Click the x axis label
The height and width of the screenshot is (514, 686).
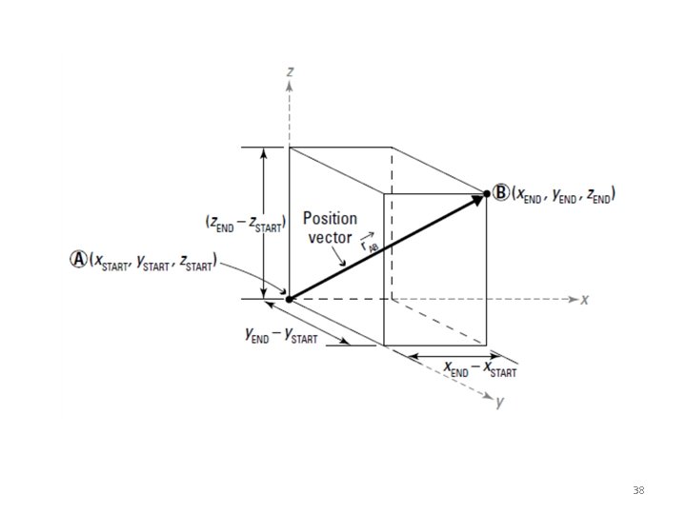tap(584, 299)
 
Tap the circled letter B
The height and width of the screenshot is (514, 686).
tap(501, 193)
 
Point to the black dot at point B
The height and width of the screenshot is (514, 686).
tap(487, 193)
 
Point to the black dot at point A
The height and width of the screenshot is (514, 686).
tap(289, 299)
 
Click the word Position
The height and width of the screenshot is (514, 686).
tap(332, 218)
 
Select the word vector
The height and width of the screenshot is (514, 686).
tap(330, 237)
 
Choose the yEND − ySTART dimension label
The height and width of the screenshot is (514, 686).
tap(281, 335)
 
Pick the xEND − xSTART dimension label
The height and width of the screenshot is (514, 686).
tap(480, 368)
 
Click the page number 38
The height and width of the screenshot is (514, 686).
tap(638, 490)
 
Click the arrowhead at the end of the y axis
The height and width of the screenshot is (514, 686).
tap(487, 392)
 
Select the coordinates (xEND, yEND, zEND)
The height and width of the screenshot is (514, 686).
tap(563, 194)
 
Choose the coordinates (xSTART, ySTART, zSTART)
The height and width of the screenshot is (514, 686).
tap(153, 261)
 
